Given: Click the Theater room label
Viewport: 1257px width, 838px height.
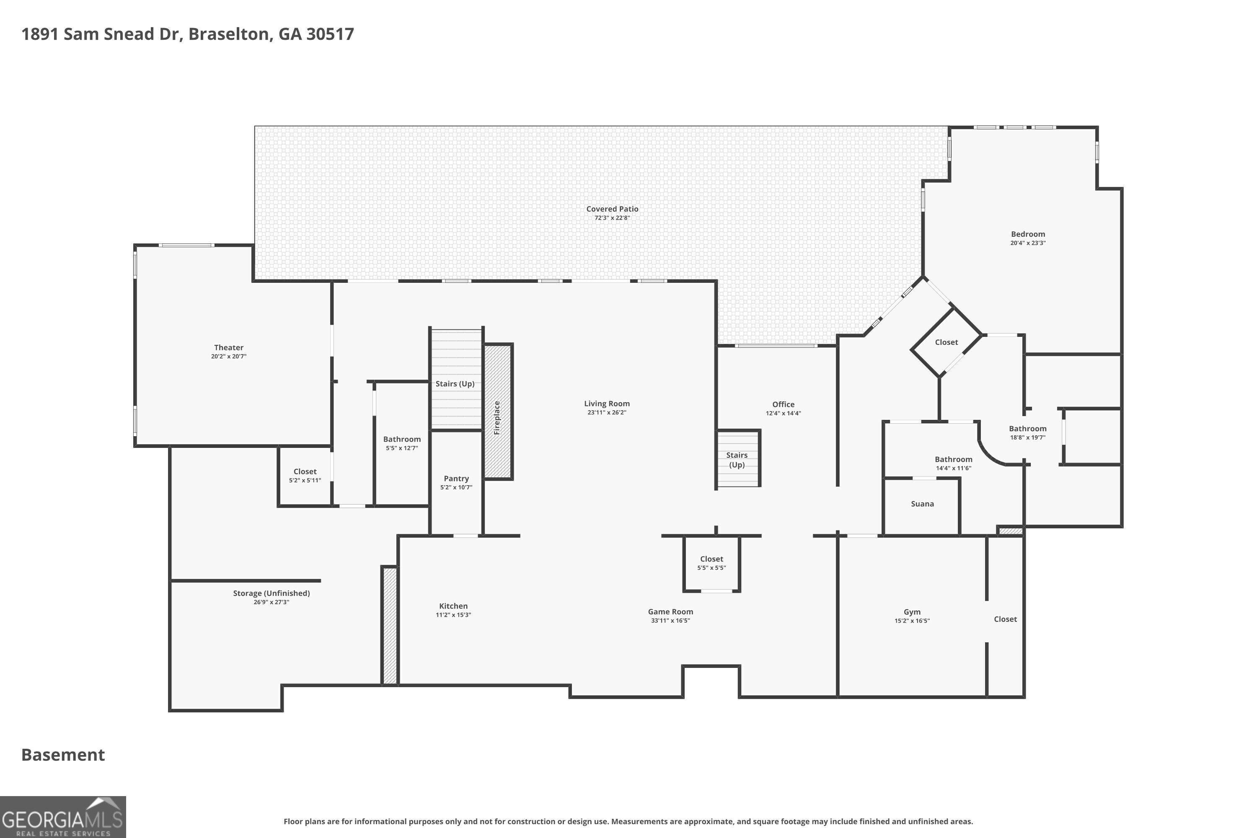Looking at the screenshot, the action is click(229, 347).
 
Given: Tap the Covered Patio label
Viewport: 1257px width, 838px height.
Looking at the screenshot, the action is click(612, 209).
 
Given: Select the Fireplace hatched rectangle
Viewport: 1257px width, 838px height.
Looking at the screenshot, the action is click(498, 411).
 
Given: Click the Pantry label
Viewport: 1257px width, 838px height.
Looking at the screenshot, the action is click(456, 479).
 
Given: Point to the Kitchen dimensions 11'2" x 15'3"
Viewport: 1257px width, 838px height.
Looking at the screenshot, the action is click(453, 615).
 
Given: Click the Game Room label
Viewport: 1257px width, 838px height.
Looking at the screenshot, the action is click(670, 611).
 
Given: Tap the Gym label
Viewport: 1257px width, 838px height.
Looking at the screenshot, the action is click(912, 612).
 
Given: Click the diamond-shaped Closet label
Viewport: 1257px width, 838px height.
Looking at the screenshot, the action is click(946, 342).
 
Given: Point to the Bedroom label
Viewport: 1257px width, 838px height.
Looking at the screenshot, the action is click(1028, 234).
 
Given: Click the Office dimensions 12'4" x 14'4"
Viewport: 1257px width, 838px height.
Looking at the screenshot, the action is click(783, 413).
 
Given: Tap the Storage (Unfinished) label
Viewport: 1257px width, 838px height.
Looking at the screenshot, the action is click(272, 593).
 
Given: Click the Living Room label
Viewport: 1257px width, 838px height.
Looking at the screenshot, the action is click(607, 403).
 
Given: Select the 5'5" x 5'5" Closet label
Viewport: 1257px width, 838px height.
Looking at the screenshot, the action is click(711, 563).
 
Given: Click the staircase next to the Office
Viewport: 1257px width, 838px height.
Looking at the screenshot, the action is click(737, 458).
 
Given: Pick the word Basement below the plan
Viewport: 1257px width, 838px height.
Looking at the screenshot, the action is click(63, 755).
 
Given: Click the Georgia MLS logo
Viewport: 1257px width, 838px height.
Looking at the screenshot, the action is click(62, 817).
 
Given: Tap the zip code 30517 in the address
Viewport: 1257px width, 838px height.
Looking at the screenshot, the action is click(330, 34).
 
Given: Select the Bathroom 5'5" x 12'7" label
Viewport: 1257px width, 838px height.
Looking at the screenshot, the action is click(402, 443).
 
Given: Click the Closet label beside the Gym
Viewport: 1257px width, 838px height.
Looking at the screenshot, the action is click(1005, 619).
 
